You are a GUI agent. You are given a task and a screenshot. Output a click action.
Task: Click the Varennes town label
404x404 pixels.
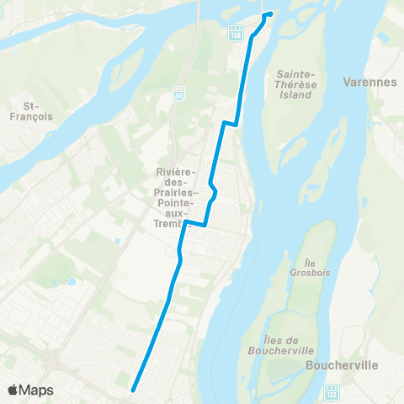tap(369, 82)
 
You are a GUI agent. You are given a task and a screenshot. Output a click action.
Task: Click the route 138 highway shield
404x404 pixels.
tap(235, 34)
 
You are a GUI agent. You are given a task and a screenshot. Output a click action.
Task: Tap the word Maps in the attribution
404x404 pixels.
tap(36, 391)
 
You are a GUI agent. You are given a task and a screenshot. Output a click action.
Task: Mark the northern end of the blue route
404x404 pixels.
tap(269, 14)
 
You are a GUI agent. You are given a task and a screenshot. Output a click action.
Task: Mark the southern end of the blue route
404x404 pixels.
tap(134, 389)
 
